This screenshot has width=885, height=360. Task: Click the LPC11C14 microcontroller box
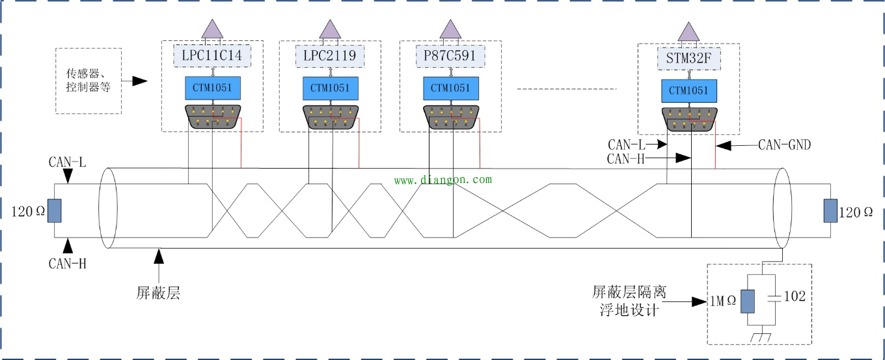pos(212,56)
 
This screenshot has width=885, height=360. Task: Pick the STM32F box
pos(688,59)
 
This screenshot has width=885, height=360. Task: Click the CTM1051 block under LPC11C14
pos(212,87)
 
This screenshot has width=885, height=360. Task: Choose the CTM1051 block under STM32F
pos(688,90)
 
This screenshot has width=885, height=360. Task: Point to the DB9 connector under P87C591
pos(451,117)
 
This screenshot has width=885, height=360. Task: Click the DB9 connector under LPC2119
pos(330,117)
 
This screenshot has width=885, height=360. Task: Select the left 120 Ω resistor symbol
pos(54,211)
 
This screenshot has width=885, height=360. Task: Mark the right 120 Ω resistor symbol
pos(830,211)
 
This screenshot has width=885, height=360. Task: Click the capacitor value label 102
pos(795,297)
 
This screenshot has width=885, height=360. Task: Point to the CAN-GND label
pos(784,145)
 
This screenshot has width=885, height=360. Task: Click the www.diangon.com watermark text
pos(442,180)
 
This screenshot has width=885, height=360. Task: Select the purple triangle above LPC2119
pos(330,29)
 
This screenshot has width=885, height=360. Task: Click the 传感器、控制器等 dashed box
pos(88,81)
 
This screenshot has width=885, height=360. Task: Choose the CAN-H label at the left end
pos(67,264)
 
